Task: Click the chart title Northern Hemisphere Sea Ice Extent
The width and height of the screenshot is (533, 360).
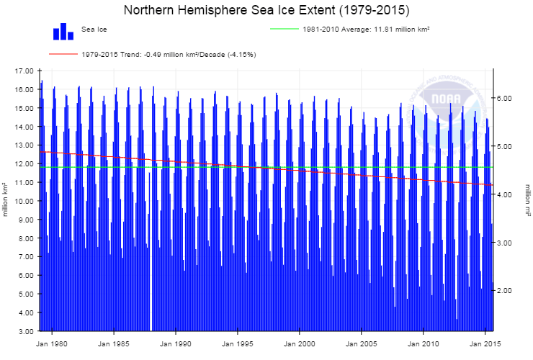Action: coord(266,10)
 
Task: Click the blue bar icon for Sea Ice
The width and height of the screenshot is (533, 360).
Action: coord(63,32)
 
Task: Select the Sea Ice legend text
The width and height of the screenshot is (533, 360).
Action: coord(94,29)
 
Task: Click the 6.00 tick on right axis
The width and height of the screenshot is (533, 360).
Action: coord(506,98)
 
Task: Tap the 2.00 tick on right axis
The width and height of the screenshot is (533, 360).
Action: coord(506,291)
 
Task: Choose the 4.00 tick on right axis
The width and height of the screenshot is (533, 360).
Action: coord(506,194)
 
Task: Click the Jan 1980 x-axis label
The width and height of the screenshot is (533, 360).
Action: coord(51,344)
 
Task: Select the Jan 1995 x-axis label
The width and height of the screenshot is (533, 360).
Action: coord(237,344)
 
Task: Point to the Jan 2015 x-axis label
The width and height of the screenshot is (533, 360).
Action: coord(484,344)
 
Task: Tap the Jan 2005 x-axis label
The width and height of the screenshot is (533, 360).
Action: coord(361,344)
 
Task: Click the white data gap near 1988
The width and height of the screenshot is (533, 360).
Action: coord(151,288)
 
